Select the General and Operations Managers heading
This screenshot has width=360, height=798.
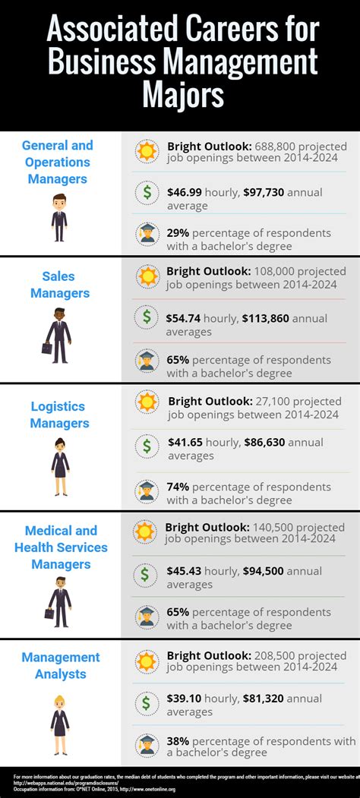(58, 162)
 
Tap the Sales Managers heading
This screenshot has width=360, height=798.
(59, 285)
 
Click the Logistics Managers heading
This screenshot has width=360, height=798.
(59, 415)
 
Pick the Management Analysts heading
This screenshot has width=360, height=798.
(60, 665)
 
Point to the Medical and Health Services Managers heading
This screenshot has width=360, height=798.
(61, 547)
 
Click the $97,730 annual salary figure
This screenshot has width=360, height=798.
(263, 192)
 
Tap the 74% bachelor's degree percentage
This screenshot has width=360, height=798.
(179, 487)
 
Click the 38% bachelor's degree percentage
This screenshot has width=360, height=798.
(179, 740)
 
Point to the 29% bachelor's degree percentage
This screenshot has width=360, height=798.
(178, 232)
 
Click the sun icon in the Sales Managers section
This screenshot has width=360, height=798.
(146, 276)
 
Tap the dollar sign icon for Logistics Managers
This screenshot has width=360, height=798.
(146, 446)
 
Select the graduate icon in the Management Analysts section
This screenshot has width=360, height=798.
(146, 745)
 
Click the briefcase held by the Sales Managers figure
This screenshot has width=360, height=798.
(46, 349)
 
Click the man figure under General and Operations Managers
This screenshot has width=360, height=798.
(59, 216)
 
